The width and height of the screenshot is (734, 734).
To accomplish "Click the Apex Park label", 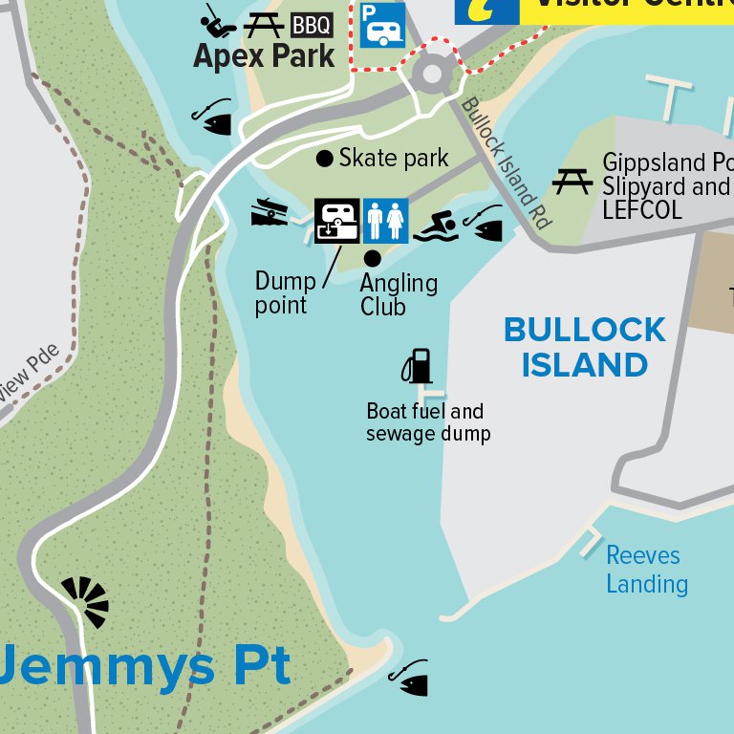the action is (x=264, y=55).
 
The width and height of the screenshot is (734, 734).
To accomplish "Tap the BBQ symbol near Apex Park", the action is (x=312, y=25).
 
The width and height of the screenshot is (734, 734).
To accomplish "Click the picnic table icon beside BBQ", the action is (x=263, y=25).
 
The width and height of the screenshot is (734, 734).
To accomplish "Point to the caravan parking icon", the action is (x=382, y=24).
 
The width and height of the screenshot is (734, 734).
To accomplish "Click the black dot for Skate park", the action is (x=325, y=158).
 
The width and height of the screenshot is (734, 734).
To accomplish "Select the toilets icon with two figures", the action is (x=385, y=221).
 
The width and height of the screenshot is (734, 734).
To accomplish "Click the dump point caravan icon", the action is (x=337, y=221).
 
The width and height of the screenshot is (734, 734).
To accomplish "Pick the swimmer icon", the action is (x=436, y=227).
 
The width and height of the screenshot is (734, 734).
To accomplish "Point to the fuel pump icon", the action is (x=417, y=365).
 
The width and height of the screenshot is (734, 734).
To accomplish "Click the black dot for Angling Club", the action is (x=373, y=258).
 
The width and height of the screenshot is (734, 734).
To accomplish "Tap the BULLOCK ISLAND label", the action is (x=585, y=347).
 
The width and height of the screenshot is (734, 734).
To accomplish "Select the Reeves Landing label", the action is (x=646, y=570).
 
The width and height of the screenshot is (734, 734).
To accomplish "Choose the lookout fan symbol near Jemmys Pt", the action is (x=87, y=601).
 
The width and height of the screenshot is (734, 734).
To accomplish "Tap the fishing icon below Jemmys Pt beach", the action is (x=409, y=677).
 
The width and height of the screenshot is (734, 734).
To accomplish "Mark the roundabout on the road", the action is (x=432, y=73).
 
